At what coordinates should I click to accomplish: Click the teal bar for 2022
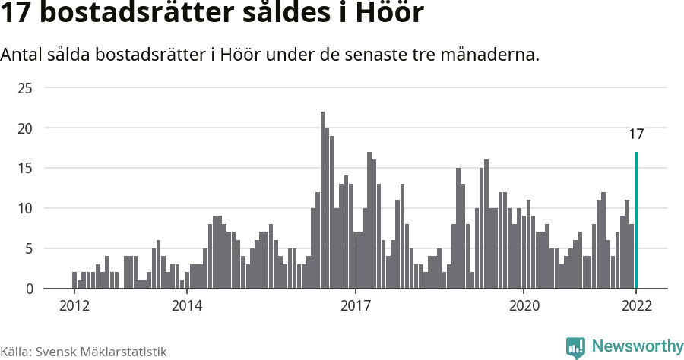[636, 220]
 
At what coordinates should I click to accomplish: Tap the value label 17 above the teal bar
[636, 134]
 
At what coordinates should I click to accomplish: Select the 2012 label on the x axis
[74, 306]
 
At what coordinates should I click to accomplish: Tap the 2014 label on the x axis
[186, 306]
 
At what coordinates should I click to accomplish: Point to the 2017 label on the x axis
[355, 306]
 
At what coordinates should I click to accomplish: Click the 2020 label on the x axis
[524, 306]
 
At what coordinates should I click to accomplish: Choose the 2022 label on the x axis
[636, 306]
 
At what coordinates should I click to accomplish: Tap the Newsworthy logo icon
[575, 348]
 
